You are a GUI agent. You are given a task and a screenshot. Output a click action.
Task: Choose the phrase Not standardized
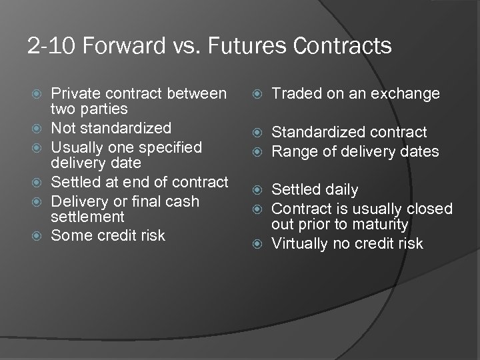click(111, 127)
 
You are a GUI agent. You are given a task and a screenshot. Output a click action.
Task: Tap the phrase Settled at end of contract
click(140, 181)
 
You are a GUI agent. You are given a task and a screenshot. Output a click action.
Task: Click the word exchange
click(410, 94)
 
